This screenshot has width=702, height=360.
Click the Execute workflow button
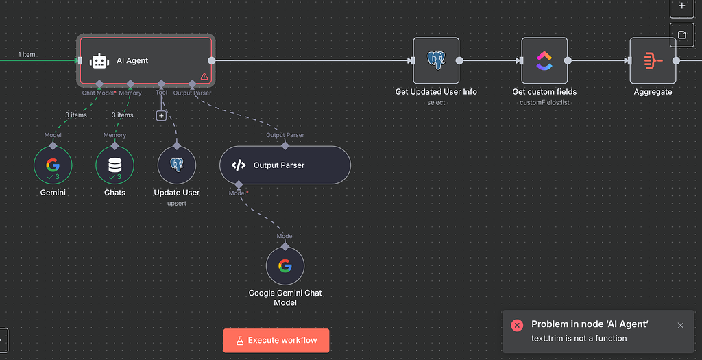click(276, 340)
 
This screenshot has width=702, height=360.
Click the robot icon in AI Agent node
click(99, 61)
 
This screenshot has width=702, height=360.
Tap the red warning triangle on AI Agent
click(204, 77)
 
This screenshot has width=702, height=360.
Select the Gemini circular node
click(53, 165)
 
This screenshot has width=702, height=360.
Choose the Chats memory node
click(114, 165)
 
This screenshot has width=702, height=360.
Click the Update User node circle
click(176, 165)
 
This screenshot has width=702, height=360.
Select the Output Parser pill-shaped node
click(285, 165)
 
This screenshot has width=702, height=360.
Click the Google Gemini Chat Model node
click(285, 266)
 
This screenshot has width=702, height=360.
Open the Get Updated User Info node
click(436, 60)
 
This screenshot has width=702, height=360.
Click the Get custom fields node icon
click(544, 60)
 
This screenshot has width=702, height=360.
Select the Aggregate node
click(652, 60)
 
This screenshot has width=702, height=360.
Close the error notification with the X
click(680, 325)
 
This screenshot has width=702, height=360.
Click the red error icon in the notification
click(518, 325)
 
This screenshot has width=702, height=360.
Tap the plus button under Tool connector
click(161, 116)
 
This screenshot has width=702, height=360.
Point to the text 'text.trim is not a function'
click(579, 338)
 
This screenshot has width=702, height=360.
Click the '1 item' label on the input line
click(27, 55)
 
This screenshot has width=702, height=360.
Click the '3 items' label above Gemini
click(76, 115)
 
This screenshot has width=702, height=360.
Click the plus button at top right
click(681, 6)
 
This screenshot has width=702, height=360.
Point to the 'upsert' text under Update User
click(176, 204)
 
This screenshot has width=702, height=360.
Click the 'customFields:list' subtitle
click(544, 102)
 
